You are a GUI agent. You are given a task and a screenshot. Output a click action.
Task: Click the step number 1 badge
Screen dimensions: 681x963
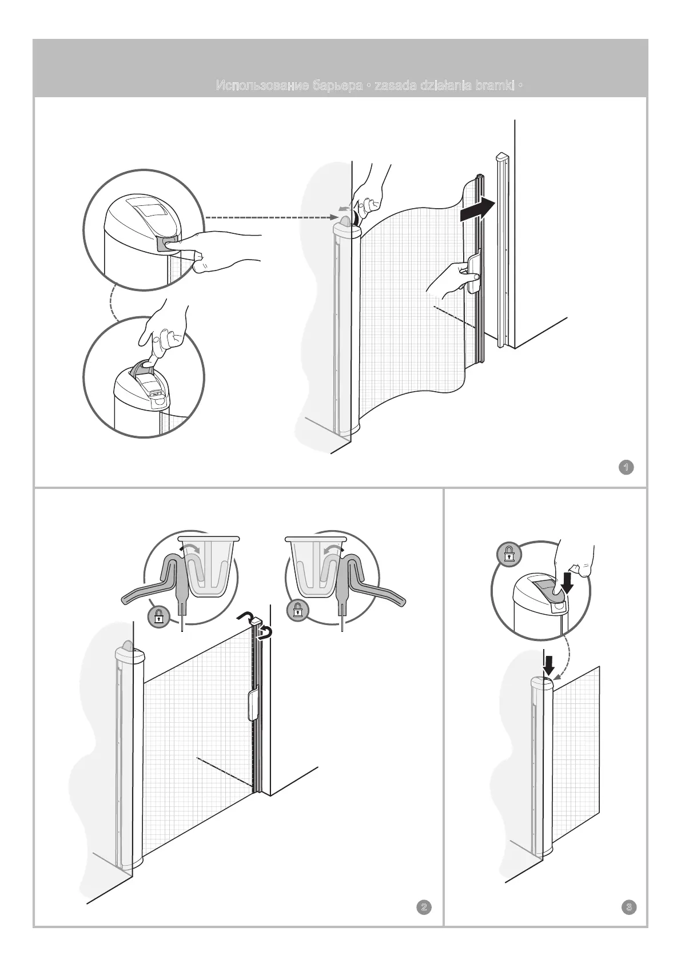[627, 467]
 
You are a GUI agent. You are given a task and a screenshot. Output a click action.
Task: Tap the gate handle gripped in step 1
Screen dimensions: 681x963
[473, 273]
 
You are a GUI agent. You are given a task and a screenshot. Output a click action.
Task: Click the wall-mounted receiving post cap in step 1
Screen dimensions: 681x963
[501, 156]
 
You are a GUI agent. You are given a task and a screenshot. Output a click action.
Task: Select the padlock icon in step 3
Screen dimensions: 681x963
[508, 554]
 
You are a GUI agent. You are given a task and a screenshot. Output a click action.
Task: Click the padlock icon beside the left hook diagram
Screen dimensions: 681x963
[158, 617]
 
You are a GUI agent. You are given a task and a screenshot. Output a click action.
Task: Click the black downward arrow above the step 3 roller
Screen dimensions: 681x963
[549, 665]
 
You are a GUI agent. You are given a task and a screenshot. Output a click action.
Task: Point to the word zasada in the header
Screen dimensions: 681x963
[395, 86]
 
